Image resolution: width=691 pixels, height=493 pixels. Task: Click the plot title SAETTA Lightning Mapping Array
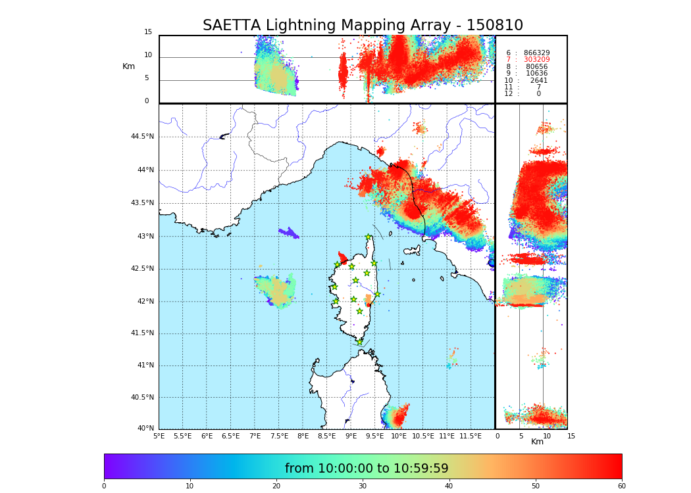[363, 26]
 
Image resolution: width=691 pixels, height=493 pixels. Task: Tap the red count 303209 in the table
[536, 60]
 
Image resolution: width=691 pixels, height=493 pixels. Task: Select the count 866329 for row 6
[536, 53]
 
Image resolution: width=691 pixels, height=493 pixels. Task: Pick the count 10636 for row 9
[536, 74]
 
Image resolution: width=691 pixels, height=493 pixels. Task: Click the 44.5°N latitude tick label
[142, 137]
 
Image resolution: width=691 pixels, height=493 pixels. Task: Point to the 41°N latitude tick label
[144, 365]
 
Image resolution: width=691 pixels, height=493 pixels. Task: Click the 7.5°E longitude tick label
[279, 436]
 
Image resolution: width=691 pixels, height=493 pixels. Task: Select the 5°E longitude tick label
[159, 436]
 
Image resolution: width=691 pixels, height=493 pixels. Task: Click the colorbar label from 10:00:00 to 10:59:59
[367, 469]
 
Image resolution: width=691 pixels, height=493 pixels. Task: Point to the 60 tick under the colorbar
[621, 486]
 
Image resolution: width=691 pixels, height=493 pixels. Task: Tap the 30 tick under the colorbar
[363, 486]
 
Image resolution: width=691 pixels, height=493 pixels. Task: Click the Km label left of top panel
[128, 66]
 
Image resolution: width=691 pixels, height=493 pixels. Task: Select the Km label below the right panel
[537, 442]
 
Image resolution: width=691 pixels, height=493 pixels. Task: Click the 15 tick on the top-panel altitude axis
[148, 32]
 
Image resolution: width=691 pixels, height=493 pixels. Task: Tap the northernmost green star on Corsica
[369, 237]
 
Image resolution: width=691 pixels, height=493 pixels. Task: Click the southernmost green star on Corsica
[359, 342]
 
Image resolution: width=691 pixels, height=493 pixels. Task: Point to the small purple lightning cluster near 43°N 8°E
[288, 233]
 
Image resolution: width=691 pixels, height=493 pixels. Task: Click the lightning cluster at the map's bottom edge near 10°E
[397, 417]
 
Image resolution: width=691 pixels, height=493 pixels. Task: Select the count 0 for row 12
[538, 94]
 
